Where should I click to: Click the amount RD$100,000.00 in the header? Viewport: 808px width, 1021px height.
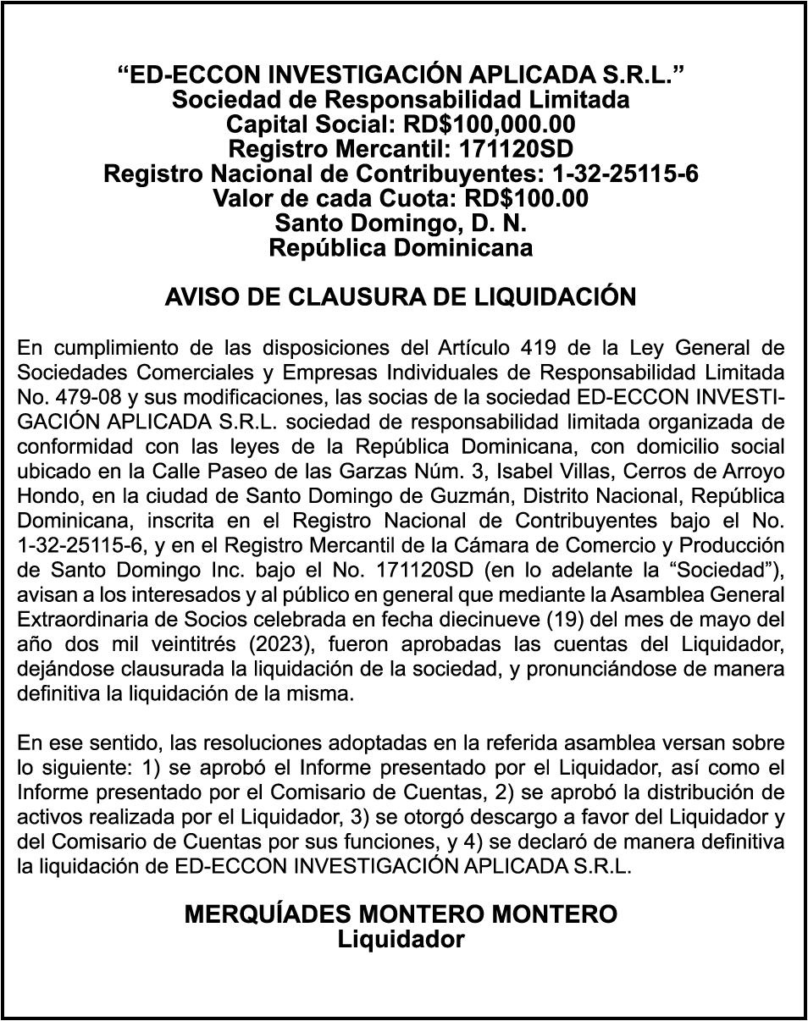pos(489,125)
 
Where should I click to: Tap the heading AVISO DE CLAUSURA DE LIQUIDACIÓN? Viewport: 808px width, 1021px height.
pos(401,297)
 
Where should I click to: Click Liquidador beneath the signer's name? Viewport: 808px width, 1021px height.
pos(401,940)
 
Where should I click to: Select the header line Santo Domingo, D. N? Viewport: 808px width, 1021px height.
pos(401,224)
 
